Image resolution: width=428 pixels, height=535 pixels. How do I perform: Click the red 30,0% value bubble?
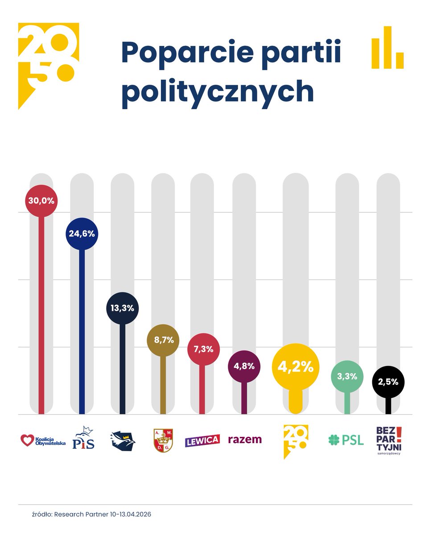[x=41, y=201]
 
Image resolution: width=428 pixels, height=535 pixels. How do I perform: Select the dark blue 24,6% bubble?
[x=82, y=234]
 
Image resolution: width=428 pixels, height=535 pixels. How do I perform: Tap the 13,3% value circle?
[x=123, y=308]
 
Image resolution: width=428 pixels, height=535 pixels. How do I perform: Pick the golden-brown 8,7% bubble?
[x=163, y=340]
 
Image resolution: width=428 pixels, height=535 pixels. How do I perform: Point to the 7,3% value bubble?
[x=203, y=349]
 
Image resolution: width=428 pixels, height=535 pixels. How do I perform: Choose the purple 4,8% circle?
[x=244, y=366]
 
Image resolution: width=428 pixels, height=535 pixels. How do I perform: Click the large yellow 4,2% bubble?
[x=296, y=367]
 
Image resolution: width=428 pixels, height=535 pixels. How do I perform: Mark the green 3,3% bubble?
[x=347, y=376]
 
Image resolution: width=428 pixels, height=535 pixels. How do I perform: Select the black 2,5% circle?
[x=388, y=382]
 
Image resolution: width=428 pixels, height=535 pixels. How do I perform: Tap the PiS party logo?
[x=83, y=438]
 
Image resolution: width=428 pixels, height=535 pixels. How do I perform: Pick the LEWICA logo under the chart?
[x=202, y=440]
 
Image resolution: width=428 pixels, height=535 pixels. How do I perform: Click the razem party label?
[x=245, y=440]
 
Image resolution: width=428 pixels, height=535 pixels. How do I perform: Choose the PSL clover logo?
[x=346, y=440]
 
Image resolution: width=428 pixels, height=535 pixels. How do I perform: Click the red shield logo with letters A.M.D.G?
[x=163, y=440]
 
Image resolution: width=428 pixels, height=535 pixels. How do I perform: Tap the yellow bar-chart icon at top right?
[x=387, y=48]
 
